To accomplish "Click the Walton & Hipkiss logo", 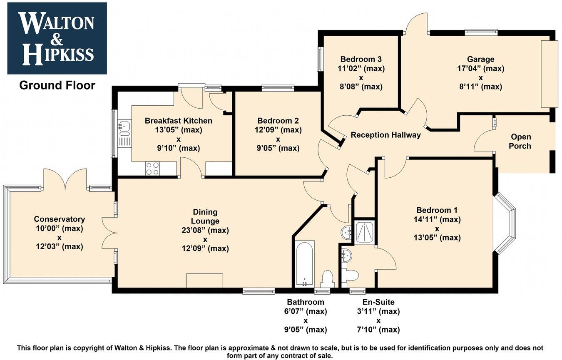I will (57, 38).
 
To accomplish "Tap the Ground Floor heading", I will (57, 85).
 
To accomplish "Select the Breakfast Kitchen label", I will (178, 121).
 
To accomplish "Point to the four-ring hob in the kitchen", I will (152, 168).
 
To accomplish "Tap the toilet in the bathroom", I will (328, 278).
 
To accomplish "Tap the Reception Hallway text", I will (385, 135).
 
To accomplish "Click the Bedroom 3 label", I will (361, 59).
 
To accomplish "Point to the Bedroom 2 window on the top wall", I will (278, 88).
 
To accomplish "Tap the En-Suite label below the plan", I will (378, 302).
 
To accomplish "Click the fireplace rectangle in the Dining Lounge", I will (204, 280).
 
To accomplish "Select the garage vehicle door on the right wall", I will (548, 74).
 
